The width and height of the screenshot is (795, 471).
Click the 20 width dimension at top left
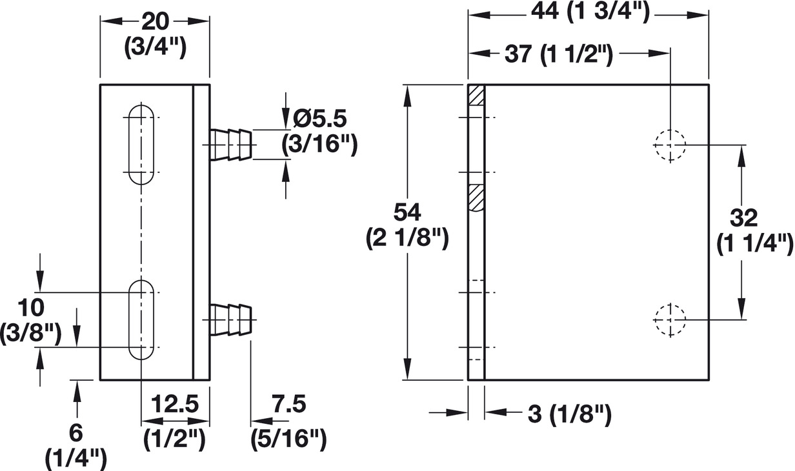[x=155, y=22]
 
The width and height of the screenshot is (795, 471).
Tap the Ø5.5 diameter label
[x=320, y=119]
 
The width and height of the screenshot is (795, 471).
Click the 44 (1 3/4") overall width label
[x=589, y=12]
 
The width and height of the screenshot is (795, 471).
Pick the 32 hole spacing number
[x=745, y=217]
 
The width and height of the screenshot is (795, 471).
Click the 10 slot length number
[x=30, y=306]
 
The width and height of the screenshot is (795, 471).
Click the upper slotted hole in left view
[x=141, y=145]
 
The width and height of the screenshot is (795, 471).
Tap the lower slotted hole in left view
[x=141, y=320]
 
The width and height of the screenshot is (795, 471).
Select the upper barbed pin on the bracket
[x=230, y=144]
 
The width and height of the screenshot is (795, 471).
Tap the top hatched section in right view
[x=476, y=96]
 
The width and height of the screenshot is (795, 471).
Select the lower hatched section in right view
[x=476, y=197]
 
